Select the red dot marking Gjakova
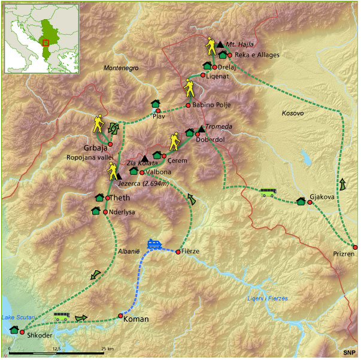310,202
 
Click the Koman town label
135,319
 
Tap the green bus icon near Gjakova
267,192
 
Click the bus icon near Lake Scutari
62,316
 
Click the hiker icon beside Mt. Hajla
211,46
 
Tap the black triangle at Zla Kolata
145,158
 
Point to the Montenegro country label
121,68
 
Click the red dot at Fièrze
178,252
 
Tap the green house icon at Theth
99,198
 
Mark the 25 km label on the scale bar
108,347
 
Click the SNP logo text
348,352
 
